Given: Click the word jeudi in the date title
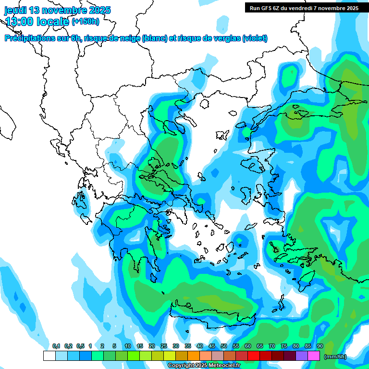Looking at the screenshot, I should pyautogui.click(x=16, y=10).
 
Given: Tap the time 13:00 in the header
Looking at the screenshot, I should pyautogui.click(x=20, y=21).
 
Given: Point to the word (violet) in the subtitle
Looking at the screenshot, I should pyautogui.click(x=255, y=38).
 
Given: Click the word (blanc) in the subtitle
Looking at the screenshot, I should pyautogui.click(x=155, y=38).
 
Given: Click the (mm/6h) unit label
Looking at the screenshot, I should pyautogui.click(x=335, y=357).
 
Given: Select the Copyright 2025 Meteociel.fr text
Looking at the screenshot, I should pyautogui.click(x=204, y=366).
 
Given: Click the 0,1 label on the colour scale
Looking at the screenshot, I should pyautogui.click(x=56, y=346).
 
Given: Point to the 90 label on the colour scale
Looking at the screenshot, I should pyautogui.click(x=320, y=346).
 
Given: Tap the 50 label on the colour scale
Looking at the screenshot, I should pyautogui.click(x=224, y=346).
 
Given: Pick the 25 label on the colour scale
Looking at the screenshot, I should pyautogui.click(x=164, y=346).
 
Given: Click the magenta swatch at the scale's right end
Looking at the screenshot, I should pyautogui.click(x=314, y=356).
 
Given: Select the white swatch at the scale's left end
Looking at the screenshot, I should pyautogui.click(x=49, y=356).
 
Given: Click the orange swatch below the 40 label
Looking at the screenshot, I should pyautogui.click(x=194, y=356).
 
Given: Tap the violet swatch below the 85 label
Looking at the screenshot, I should pyautogui.click(x=302, y=356).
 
